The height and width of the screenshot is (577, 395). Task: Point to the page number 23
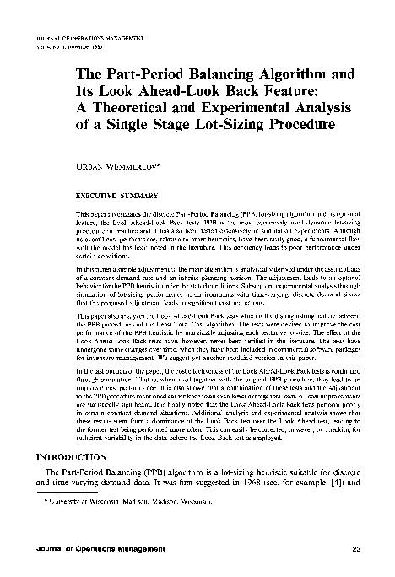point(358,551)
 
